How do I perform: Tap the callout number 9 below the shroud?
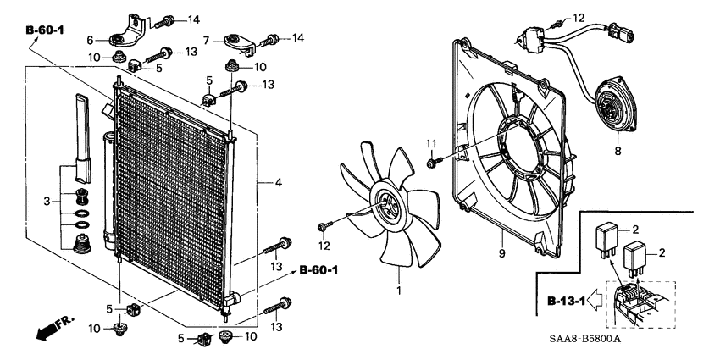click(501, 253)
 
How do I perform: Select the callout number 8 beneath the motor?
click(616, 150)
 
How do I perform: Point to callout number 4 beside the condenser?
click(278, 182)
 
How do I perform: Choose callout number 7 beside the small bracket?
click(206, 40)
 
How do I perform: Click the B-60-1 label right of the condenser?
click(318, 270)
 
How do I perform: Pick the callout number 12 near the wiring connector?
click(579, 18)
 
